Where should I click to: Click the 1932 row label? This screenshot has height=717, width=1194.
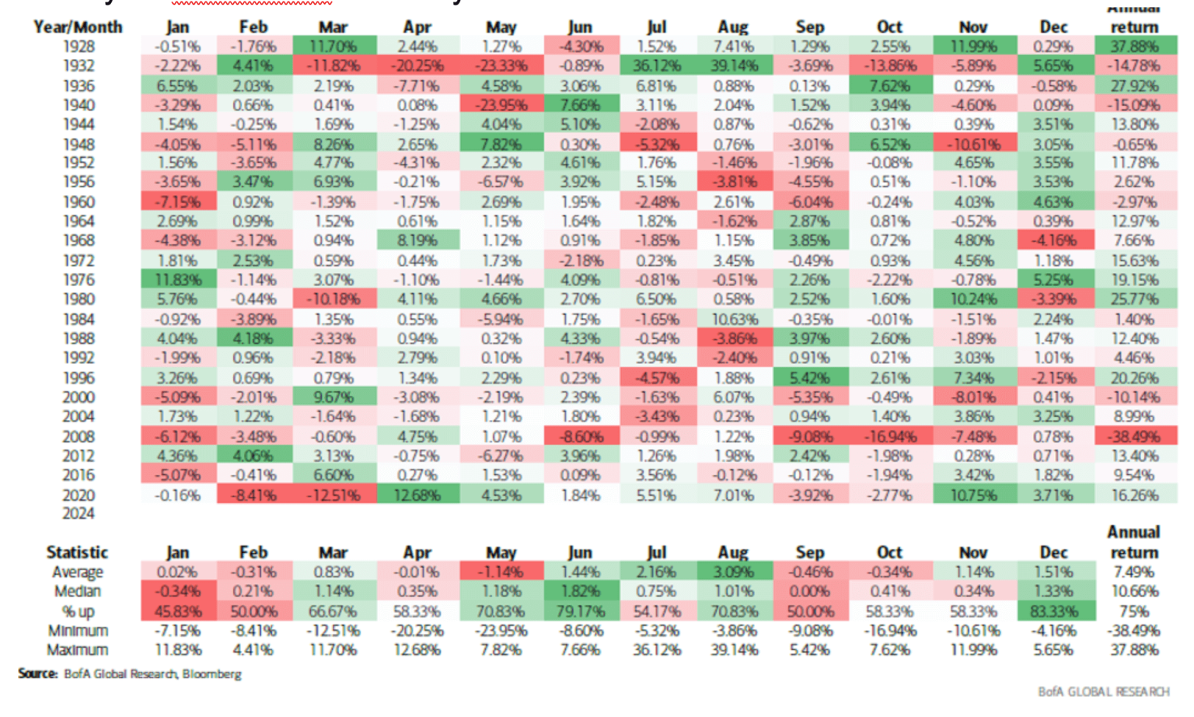click(78, 66)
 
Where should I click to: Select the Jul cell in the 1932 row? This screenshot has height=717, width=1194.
click(656, 66)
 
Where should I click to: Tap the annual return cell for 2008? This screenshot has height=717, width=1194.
click(1134, 436)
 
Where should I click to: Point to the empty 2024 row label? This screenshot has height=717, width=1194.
click(78, 513)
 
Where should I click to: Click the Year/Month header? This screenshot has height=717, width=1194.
click(78, 27)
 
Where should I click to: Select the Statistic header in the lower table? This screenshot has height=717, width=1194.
click(77, 552)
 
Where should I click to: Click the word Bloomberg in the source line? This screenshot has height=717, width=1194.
click(211, 674)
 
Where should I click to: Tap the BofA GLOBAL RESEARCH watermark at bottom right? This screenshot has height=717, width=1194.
click(1103, 691)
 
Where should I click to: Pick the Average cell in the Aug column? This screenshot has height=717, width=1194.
click(733, 572)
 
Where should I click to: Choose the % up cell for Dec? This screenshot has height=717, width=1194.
click(1053, 611)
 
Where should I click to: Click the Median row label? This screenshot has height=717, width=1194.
click(78, 592)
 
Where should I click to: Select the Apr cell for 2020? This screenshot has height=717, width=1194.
click(417, 495)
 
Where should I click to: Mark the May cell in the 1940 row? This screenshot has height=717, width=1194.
click(501, 105)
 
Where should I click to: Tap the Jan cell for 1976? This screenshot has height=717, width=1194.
click(178, 280)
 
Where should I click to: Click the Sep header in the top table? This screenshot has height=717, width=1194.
click(809, 27)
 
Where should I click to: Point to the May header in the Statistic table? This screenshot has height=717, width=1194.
click(501, 552)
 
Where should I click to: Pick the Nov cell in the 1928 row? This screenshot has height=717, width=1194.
click(973, 47)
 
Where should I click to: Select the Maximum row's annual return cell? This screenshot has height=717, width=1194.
click(1134, 650)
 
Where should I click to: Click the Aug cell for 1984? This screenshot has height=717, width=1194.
click(733, 319)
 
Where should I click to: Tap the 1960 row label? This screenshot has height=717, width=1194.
click(78, 202)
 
